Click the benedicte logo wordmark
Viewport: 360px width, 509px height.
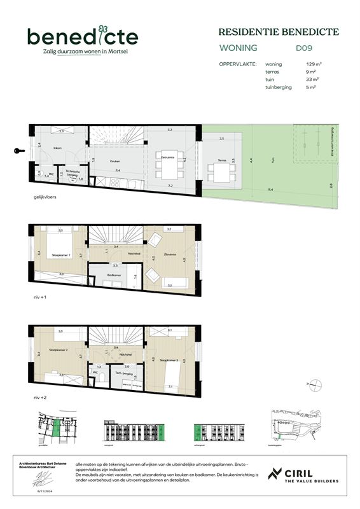[82, 37]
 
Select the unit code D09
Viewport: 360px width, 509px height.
[304, 48]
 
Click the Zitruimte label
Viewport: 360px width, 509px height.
[169, 253]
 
